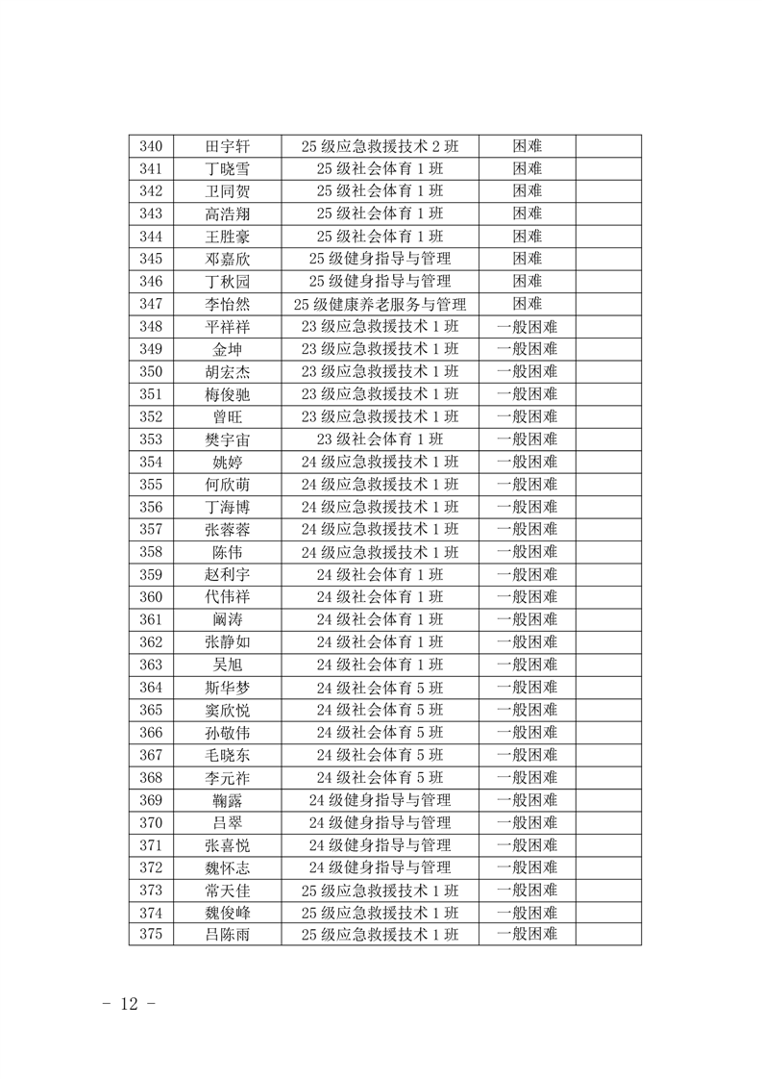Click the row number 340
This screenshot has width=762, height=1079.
(x=151, y=146)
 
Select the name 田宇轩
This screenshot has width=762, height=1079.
(x=227, y=146)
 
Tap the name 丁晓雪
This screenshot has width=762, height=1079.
(x=227, y=168)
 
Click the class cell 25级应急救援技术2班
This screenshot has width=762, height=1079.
(x=380, y=146)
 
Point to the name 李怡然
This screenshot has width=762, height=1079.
(x=227, y=304)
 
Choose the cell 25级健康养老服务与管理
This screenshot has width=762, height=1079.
(x=380, y=304)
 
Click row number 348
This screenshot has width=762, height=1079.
(x=151, y=326)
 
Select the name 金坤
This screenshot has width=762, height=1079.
(x=227, y=349)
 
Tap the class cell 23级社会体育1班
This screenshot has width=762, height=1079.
(x=380, y=439)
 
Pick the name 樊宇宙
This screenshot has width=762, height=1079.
(x=227, y=439)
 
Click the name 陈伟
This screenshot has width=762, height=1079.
(x=227, y=552)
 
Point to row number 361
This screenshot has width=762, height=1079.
(x=151, y=619)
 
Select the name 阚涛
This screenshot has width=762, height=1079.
(x=227, y=619)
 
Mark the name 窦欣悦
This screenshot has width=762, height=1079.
(x=227, y=710)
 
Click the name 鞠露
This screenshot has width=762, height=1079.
(x=227, y=800)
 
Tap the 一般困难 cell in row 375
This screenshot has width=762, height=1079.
(x=527, y=935)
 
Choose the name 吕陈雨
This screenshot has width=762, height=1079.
(x=227, y=935)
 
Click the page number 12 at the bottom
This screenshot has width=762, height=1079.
(x=128, y=1004)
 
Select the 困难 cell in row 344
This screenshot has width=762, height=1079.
(x=527, y=236)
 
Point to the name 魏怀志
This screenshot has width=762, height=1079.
(x=227, y=867)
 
